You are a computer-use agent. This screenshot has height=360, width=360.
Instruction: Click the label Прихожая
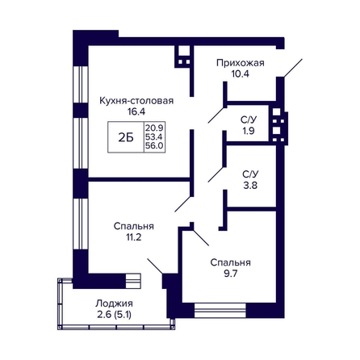click(241, 63)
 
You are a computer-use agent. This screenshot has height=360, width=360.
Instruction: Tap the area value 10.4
click(241, 73)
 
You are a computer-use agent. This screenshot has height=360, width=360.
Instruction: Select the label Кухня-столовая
click(136, 101)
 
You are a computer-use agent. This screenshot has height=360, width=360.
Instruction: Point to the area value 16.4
click(136, 111)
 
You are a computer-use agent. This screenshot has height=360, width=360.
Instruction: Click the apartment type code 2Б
click(126, 138)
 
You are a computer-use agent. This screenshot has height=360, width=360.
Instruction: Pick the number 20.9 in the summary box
click(155, 127)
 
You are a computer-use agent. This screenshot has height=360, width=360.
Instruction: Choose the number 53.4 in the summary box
click(154, 137)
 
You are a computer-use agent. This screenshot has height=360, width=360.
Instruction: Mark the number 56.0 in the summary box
click(154, 146)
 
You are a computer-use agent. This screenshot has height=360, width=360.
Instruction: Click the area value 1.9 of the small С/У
click(248, 131)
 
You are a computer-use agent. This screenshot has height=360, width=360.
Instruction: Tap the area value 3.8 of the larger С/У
click(250, 185)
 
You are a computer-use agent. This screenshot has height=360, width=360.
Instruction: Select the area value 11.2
click(134, 237)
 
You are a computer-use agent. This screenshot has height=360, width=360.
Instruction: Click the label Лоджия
click(114, 303)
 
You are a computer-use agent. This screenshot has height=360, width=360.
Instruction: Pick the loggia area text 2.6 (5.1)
click(115, 315)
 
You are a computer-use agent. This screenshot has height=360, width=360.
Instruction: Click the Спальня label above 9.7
click(231, 262)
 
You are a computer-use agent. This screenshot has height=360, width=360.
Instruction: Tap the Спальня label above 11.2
click(134, 226)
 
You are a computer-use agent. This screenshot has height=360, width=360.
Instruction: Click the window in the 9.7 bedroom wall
click(220, 311)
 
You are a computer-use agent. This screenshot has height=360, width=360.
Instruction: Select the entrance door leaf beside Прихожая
click(293, 68)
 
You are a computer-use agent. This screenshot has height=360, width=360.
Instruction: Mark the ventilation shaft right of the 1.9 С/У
click(278, 124)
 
